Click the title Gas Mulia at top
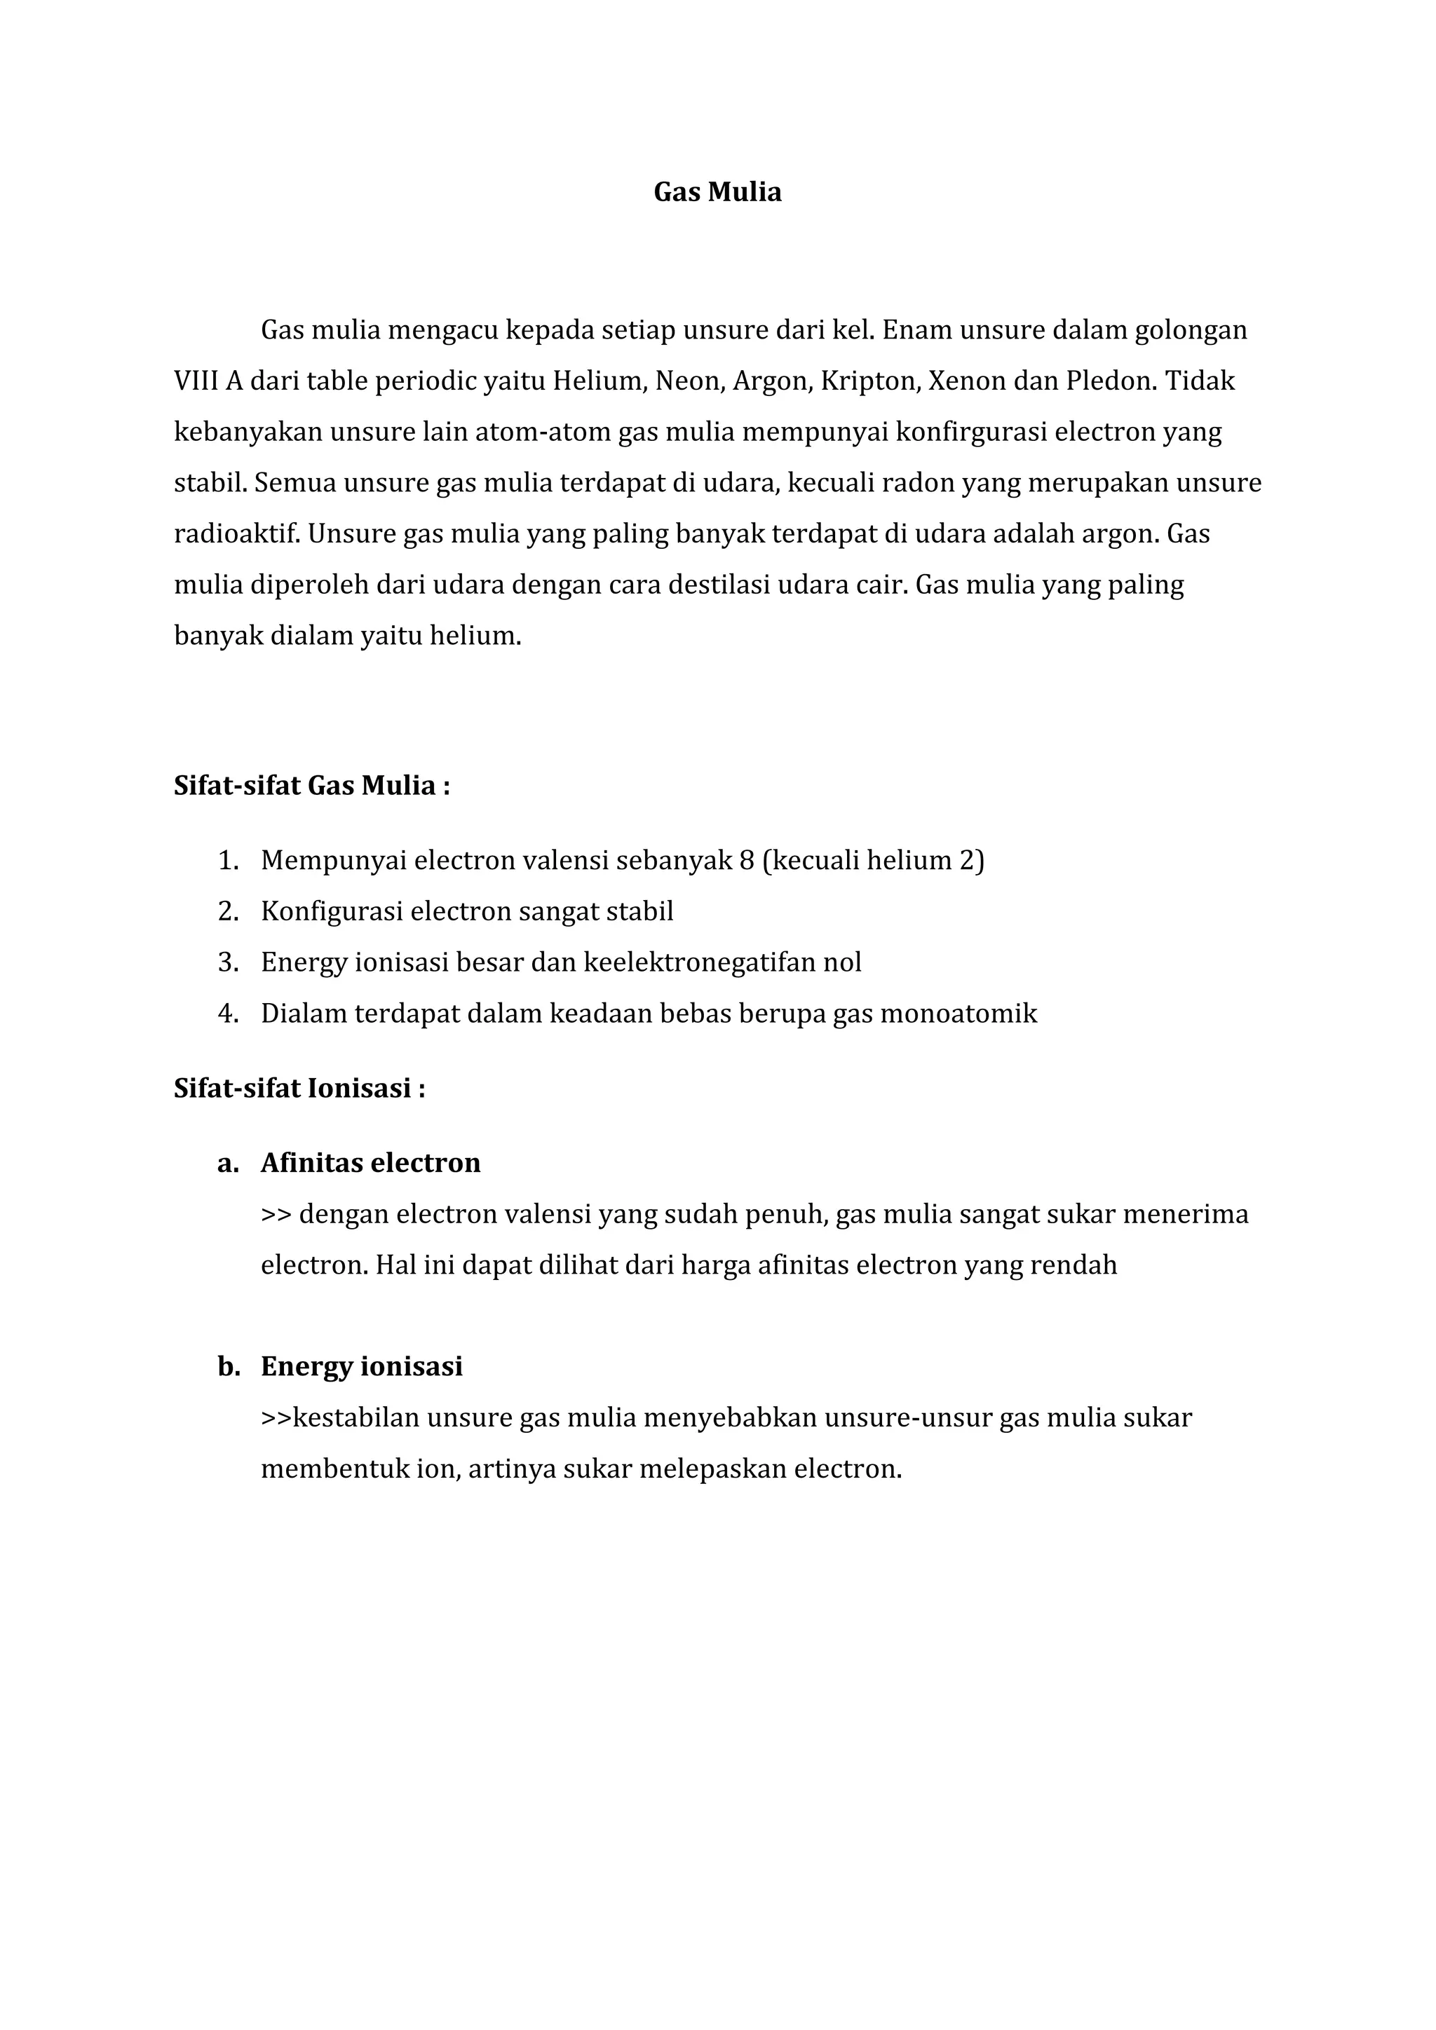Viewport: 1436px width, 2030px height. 717,192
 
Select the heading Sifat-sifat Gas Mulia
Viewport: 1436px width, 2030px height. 311,785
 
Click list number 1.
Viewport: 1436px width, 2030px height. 227,860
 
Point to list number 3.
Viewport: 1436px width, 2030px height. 227,962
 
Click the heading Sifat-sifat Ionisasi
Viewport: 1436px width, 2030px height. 299,1089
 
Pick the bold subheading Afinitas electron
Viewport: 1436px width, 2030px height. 370,1163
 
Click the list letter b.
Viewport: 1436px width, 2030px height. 228,1367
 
